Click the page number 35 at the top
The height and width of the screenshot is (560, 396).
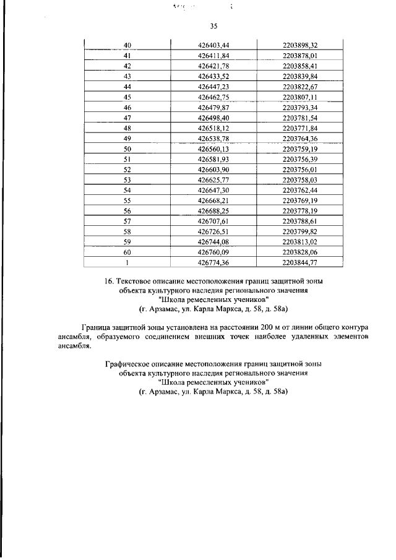(213, 26)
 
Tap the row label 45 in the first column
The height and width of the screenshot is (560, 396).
(127, 97)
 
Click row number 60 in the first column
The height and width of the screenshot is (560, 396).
(127, 252)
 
